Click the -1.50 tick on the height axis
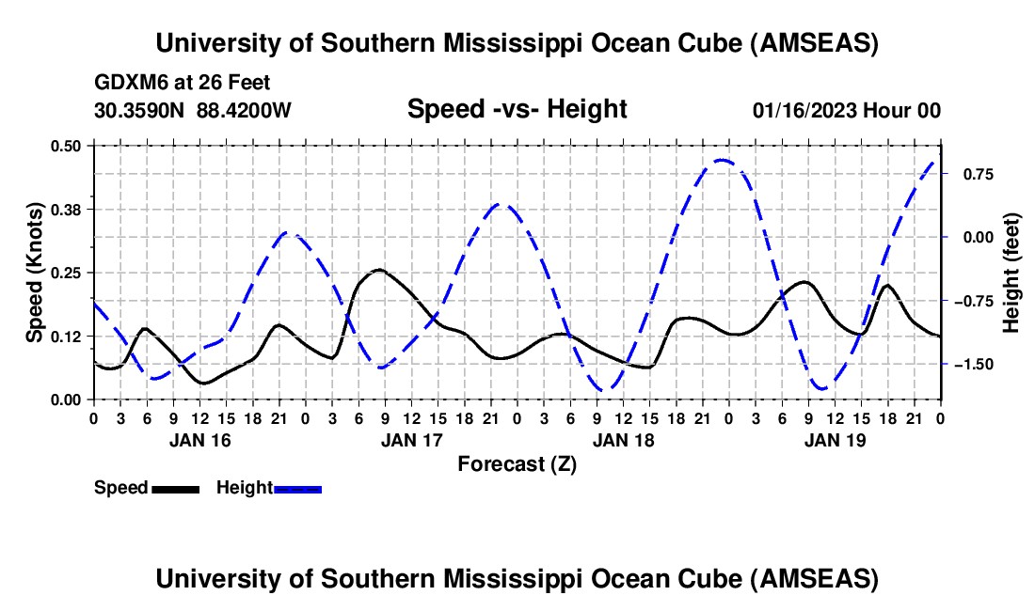(978, 364)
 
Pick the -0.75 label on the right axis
(978, 301)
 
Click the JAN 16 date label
(199, 439)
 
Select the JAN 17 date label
(411, 439)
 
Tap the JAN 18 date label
(623, 439)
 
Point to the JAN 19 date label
(835, 439)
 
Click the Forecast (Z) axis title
(517, 463)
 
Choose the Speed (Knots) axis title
(35, 273)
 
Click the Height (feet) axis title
(1011, 273)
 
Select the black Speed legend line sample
(175, 488)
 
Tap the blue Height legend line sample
(297, 488)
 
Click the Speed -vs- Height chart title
(517, 109)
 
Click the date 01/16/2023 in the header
(807, 111)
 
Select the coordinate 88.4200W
(245, 110)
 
